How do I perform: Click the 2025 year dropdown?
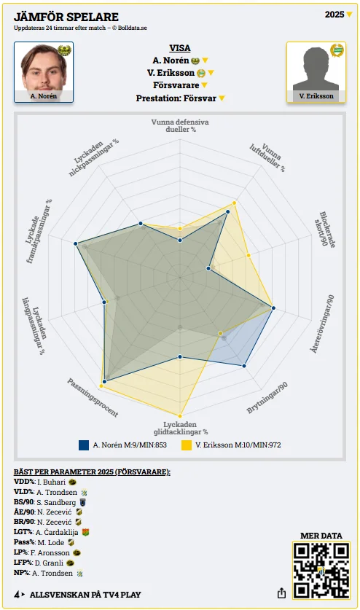pos(338,15)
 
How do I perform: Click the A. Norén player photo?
pos(44,72)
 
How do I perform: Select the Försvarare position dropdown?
pos(180,85)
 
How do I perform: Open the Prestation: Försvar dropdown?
pos(180,98)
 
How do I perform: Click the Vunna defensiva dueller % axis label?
pos(180,125)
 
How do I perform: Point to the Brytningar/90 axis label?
pos(267,398)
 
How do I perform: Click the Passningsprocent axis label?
pos(93,398)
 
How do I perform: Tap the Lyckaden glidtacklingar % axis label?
pos(180,428)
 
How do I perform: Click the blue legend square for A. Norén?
pos(84,445)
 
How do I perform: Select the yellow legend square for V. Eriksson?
pos(187,445)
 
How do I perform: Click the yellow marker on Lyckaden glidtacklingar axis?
pos(180,416)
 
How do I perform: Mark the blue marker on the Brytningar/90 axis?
pos(244,366)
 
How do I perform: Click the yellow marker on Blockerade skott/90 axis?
pos(249,255)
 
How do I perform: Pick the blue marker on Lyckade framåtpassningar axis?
pos(76,244)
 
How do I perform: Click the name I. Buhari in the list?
pos(51,482)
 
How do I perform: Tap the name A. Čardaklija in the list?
pos(57,532)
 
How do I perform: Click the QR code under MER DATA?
pos(321,571)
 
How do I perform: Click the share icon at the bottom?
pos(281,593)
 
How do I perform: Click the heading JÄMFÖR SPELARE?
pos(66,17)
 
